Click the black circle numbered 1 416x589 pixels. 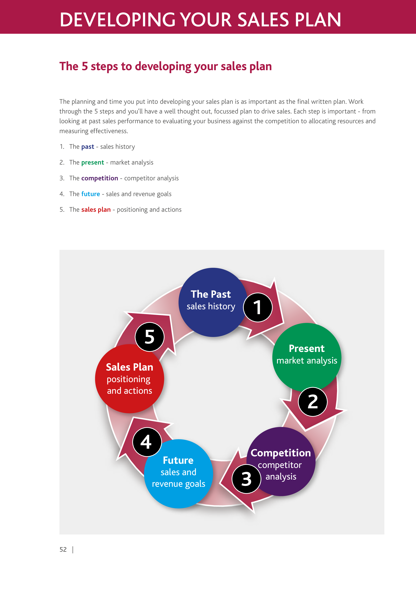click(x=258, y=307)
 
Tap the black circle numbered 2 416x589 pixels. click(x=313, y=402)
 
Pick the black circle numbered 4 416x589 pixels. click(x=147, y=442)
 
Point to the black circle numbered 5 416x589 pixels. click(x=149, y=337)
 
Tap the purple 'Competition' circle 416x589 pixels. click(x=281, y=462)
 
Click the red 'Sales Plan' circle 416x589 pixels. click(x=130, y=379)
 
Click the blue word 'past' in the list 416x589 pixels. click(x=88, y=147)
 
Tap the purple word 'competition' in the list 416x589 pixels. click(x=100, y=178)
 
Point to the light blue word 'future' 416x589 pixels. click(x=90, y=194)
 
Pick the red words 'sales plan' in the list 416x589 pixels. click(x=96, y=210)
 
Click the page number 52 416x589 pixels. click(x=63, y=550)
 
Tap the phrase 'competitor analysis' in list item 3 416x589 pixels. click(x=151, y=178)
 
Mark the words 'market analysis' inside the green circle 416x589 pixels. click(x=307, y=361)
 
